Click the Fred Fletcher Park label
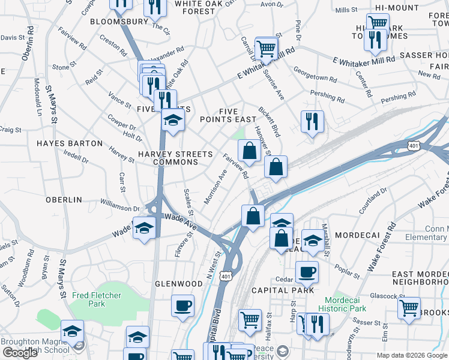tap(96, 299)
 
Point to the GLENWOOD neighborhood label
tap(179, 284)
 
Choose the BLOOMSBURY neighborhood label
tap(119, 22)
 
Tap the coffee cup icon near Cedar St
tap(307, 272)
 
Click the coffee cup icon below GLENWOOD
tap(182, 306)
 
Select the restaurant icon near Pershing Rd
tap(312, 122)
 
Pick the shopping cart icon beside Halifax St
tap(250, 320)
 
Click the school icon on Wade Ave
tap(144, 228)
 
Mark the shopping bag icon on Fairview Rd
tap(249, 150)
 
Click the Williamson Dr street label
tap(120, 208)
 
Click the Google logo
tap(20, 353)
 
